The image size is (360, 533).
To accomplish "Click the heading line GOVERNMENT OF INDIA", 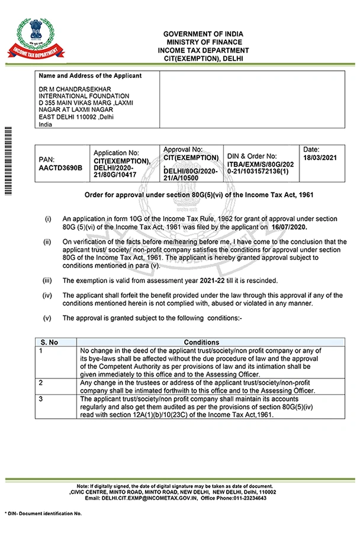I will [x=203, y=34].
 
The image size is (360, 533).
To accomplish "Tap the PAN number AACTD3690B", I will [x=60, y=168].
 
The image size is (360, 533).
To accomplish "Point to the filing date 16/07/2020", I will [x=290, y=227].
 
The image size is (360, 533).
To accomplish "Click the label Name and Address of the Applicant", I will [x=90, y=76].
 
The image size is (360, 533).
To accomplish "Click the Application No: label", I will [x=115, y=153].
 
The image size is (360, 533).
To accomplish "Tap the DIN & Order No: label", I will [x=252, y=156].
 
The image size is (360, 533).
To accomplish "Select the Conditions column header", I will [x=201, y=342].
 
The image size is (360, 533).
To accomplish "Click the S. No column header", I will [x=49, y=342].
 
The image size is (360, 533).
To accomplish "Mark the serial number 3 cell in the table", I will [x=41, y=399].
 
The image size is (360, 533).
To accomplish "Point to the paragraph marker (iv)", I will [x=48, y=295].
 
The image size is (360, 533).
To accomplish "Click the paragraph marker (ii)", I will [x=47, y=242].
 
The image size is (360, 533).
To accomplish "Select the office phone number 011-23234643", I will [x=245, y=498].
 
